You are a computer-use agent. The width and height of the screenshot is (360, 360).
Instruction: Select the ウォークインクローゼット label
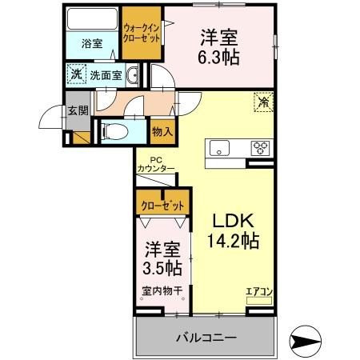click(141, 32)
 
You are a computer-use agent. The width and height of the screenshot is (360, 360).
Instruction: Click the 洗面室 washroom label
click(105, 75)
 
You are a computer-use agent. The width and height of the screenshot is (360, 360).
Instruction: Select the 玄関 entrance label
click(77, 112)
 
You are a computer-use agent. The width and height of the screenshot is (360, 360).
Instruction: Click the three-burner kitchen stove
click(260, 147)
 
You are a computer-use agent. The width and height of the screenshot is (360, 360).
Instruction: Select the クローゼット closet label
click(162, 206)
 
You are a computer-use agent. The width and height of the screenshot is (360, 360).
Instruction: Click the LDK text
click(233, 219)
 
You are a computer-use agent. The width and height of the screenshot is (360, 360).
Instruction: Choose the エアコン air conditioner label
click(258, 290)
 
